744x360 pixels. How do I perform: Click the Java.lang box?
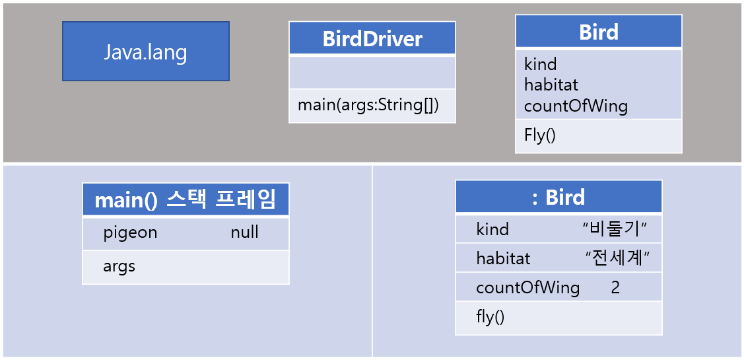coord(145,52)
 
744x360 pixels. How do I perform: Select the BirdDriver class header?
coord(372,39)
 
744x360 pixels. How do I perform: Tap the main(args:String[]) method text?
coord(368,105)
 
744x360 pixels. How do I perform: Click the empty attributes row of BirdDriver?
coord(372,72)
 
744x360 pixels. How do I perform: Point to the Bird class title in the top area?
coord(598,32)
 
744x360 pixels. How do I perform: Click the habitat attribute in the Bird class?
coord(551,85)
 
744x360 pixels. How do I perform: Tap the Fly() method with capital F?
coord(540,135)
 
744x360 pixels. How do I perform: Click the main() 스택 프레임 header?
coord(186,199)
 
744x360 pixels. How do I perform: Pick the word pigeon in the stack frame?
coord(130,233)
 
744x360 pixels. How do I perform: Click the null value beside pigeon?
coord(244,233)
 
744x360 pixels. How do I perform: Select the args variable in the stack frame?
coord(119,266)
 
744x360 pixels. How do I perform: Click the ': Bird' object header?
coord(558,197)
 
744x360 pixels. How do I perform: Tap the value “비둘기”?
coord(614,229)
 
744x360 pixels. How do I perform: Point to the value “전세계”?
coord(614,258)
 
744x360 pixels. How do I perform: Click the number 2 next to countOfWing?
coord(615,288)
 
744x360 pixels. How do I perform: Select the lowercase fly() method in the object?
coord(490,317)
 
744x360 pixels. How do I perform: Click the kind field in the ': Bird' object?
coord(492,229)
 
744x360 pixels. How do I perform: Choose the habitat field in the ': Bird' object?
coord(503,258)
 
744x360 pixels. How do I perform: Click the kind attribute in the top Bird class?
coord(540,64)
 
